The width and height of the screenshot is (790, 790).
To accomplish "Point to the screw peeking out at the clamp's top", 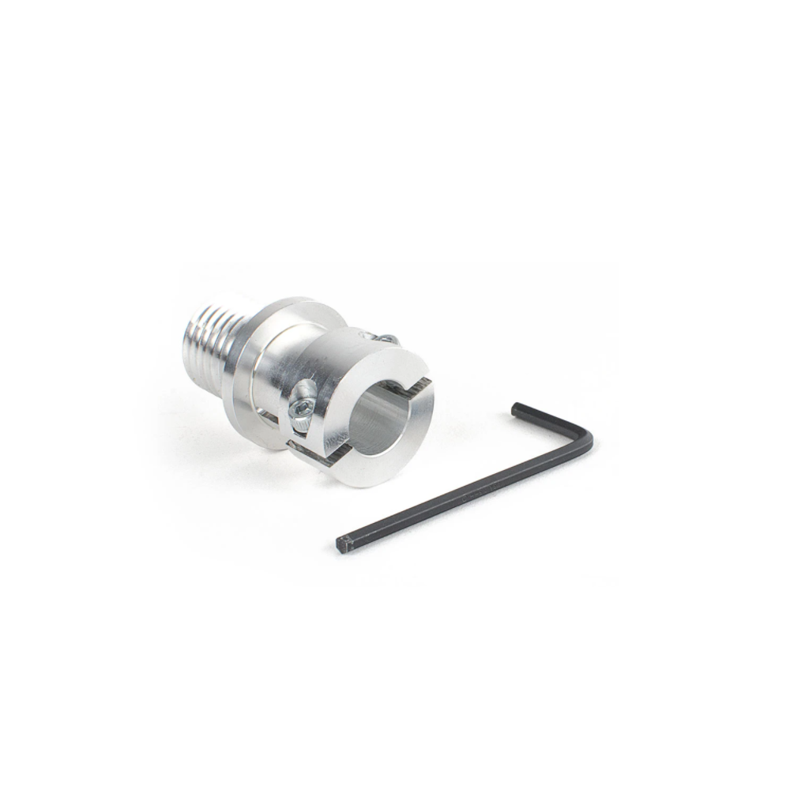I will coord(386,338).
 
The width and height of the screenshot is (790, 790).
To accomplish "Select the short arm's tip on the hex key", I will coord(517,408).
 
